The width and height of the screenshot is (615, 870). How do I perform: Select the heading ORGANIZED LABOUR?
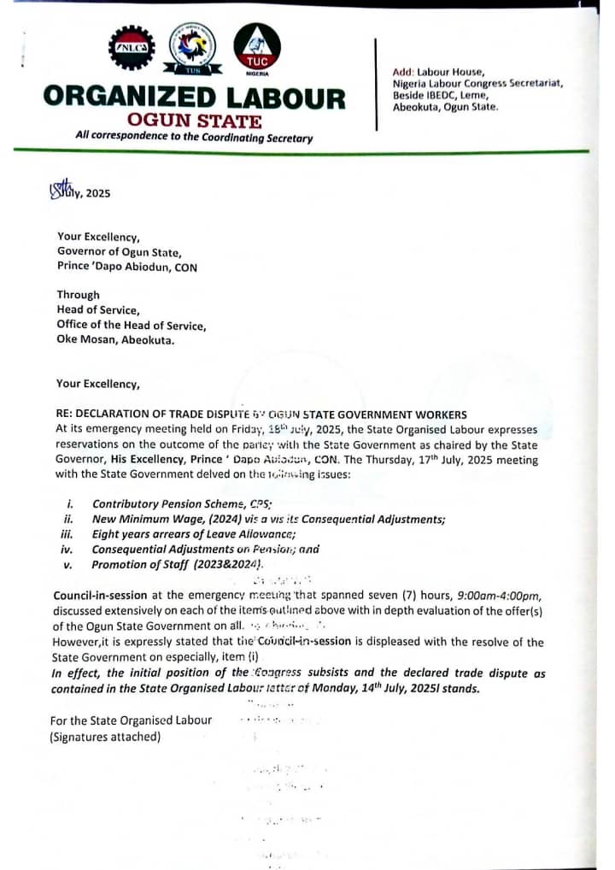tap(195, 97)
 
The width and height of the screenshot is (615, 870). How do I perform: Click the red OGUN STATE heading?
tap(194, 121)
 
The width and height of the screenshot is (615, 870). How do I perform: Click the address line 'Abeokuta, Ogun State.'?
tap(445, 107)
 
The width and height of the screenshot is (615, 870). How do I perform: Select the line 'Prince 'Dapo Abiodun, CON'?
tap(127, 267)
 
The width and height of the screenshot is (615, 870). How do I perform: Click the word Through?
tap(79, 295)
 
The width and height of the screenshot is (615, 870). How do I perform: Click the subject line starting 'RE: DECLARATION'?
tap(261, 414)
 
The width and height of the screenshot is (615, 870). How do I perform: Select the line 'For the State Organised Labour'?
tap(131, 720)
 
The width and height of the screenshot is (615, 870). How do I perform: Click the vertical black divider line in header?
tap(377, 84)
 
